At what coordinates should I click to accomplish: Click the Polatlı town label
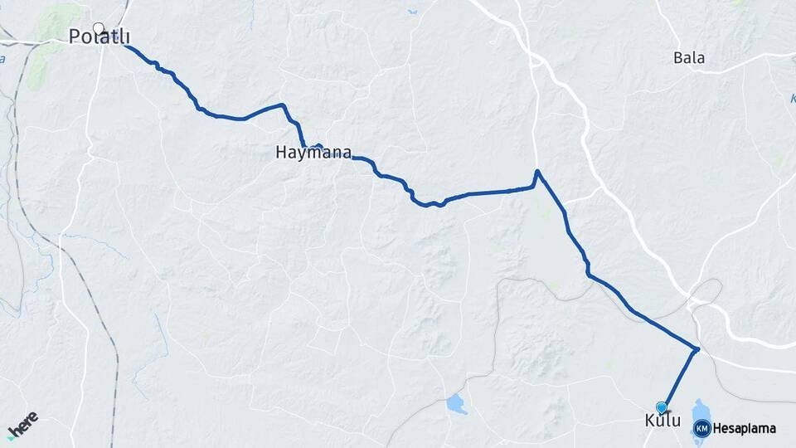coord(99,37)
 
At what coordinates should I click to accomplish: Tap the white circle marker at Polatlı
coord(99,27)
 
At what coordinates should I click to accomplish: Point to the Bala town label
coord(689,58)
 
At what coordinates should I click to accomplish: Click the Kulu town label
coord(663,421)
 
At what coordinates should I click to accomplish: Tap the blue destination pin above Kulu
coord(662,407)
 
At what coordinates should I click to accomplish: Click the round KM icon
coord(701,428)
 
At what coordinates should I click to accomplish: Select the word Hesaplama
coord(745,429)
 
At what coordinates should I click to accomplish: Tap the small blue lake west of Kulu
coord(455,404)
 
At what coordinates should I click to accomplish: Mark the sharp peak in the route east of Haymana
coord(537,172)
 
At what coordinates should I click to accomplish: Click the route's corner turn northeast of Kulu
coord(697,349)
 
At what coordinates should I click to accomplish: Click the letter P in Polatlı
coord(75,37)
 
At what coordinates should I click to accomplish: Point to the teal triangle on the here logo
coord(10,436)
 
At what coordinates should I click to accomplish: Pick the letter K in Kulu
coord(650,421)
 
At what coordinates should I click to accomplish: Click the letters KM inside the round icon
coord(701,428)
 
